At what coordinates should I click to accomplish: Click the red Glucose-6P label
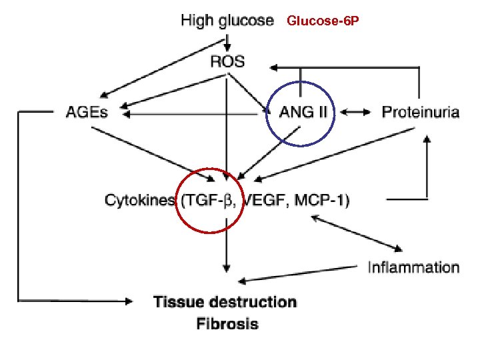click(323, 21)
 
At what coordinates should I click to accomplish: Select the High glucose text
click(227, 21)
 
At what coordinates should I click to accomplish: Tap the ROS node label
click(227, 62)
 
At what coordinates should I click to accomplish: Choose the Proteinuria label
click(420, 112)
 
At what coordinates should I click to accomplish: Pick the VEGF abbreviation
click(262, 199)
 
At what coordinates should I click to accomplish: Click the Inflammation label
click(413, 267)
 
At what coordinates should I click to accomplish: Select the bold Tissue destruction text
click(225, 302)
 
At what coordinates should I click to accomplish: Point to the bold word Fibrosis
click(227, 325)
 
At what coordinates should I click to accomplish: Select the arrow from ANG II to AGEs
click(193, 114)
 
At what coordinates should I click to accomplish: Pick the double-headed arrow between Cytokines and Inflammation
click(357, 233)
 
